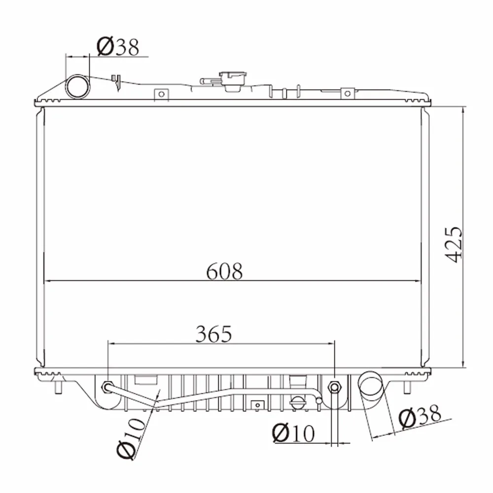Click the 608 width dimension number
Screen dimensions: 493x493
tap(224, 271)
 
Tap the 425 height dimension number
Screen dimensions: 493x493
tap(454, 244)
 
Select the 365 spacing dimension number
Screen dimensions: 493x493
tap(214, 334)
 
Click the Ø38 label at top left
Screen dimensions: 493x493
tap(118, 47)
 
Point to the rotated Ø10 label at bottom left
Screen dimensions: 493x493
tap(132, 439)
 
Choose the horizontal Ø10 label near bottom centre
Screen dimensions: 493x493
tap(293, 433)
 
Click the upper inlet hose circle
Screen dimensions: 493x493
tap(78, 86)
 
